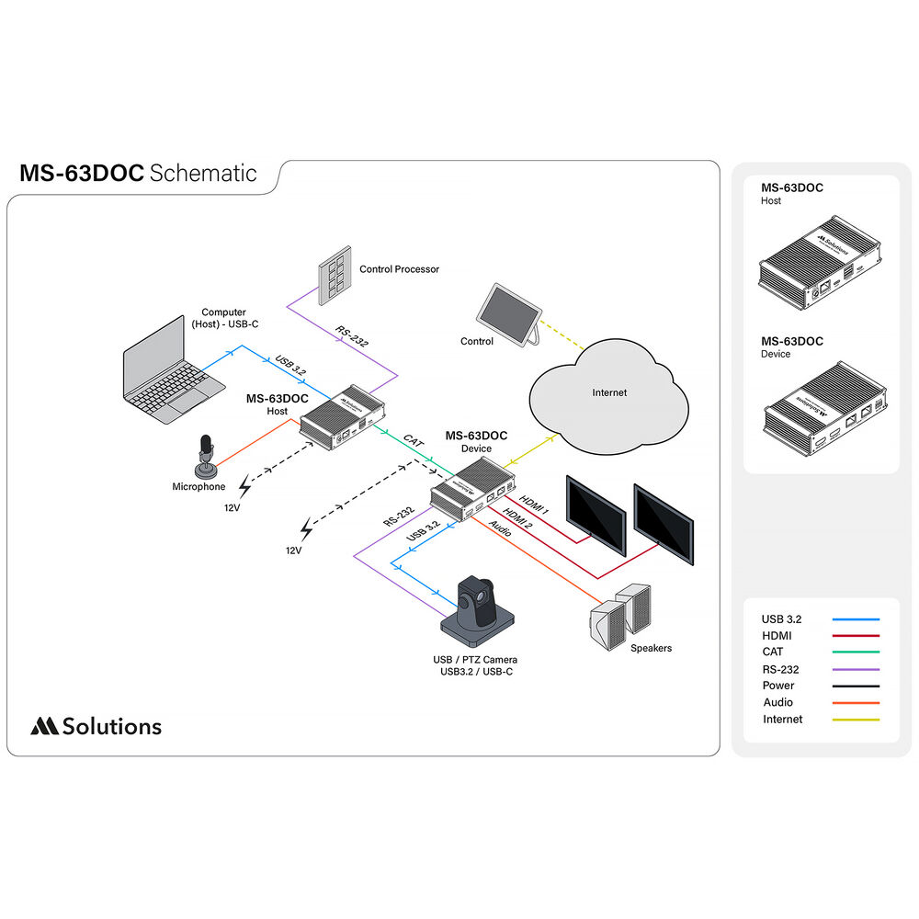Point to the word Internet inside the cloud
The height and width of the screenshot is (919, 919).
tap(608, 392)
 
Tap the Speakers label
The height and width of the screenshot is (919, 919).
tap(651, 648)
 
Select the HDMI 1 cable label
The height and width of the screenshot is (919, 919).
tap(534, 505)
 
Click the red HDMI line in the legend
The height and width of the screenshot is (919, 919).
tap(856, 636)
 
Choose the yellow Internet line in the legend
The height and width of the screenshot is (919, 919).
tap(856, 720)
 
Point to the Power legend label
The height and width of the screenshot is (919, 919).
tap(778, 686)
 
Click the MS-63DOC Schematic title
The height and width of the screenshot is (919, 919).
tap(138, 173)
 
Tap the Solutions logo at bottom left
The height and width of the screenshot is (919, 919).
tap(96, 726)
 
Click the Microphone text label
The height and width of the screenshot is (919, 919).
tap(199, 486)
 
